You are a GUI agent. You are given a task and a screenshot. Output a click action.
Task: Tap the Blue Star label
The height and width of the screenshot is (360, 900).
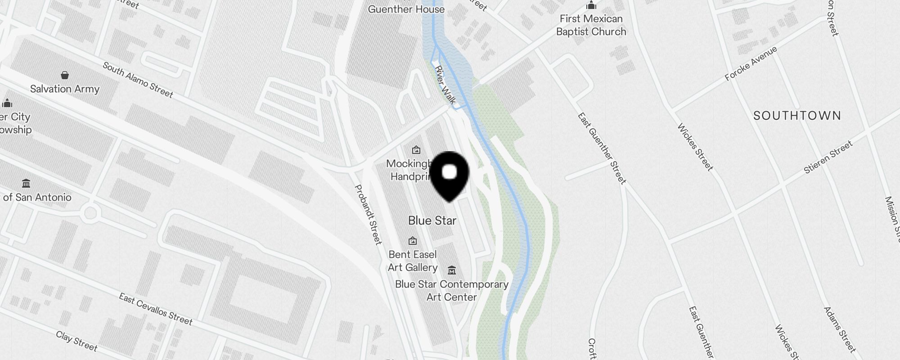[432, 220]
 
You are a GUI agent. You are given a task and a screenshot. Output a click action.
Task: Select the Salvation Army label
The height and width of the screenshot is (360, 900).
[65, 89]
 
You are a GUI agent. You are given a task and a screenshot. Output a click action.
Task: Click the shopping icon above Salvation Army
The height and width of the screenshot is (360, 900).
[65, 75]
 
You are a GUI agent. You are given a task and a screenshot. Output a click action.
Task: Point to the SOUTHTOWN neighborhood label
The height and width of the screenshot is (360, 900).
[797, 116]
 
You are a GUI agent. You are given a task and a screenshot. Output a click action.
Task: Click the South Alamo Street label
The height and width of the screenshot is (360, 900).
[138, 80]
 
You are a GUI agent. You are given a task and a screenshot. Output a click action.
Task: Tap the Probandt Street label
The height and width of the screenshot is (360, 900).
[368, 214]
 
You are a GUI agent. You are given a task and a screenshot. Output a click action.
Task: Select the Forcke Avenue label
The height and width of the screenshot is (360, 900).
[751, 63]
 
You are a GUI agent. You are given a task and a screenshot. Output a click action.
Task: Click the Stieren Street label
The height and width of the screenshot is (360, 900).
[828, 157]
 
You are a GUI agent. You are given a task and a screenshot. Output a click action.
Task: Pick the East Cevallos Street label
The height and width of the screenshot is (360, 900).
[156, 309]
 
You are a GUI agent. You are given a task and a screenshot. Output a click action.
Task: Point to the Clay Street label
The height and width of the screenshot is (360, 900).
[76, 341]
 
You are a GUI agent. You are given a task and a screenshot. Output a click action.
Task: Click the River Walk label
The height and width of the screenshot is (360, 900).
[445, 85]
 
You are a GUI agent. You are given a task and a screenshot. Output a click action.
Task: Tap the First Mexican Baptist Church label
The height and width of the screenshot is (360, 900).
[591, 25]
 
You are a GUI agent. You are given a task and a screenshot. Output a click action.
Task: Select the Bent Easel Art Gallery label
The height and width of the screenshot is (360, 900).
[413, 261]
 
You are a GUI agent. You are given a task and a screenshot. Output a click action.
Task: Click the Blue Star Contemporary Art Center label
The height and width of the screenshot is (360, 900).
[451, 291]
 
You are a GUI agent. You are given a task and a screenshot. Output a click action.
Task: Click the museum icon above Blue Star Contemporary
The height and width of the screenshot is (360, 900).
[452, 270]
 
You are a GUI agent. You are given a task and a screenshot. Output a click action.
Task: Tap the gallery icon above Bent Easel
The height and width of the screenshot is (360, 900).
[412, 241]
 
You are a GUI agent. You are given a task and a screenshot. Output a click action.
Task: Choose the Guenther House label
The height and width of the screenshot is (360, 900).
[406, 9]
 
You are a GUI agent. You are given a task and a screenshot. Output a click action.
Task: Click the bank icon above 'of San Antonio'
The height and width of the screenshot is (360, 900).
[26, 184]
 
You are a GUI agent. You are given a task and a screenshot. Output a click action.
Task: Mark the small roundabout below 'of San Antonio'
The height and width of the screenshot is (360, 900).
[90, 213]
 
